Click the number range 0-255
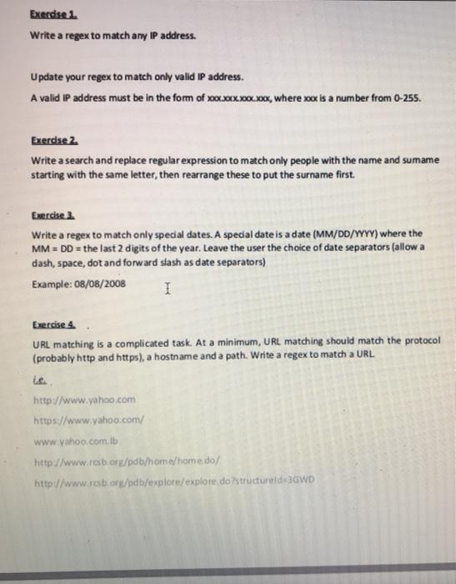tap(406, 96)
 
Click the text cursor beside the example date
tap(168, 289)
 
